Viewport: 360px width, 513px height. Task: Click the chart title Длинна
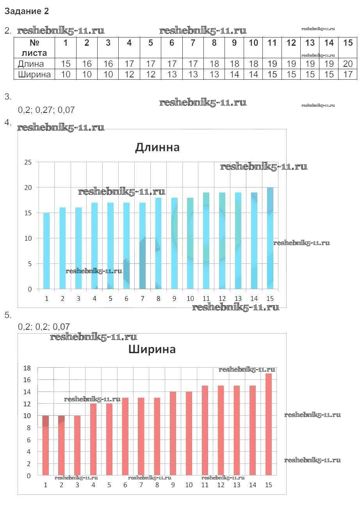click(x=157, y=147)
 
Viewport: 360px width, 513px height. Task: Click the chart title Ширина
click(x=152, y=349)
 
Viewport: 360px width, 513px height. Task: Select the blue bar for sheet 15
click(x=270, y=238)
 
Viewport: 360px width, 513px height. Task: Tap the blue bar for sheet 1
click(x=46, y=251)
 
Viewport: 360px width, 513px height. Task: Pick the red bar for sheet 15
click(x=269, y=425)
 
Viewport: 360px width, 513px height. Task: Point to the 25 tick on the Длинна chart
click(x=28, y=162)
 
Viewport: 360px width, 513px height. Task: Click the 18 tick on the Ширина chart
click(x=27, y=368)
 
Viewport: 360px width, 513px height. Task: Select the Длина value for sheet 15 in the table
click(x=348, y=64)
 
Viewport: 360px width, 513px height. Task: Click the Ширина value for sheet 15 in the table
click(x=348, y=74)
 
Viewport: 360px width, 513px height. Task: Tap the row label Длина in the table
click(x=31, y=64)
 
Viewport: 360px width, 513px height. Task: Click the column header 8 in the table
click(x=214, y=43)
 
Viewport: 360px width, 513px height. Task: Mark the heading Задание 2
click(x=27, y=11)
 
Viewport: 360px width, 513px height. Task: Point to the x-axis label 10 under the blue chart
click(x=190, y=299)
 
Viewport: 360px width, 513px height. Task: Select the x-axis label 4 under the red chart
click(x=93, y=485)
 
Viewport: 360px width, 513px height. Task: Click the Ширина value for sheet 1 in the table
click(x=66, y=74)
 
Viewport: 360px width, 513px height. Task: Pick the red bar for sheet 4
click(x=93, y=440)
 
